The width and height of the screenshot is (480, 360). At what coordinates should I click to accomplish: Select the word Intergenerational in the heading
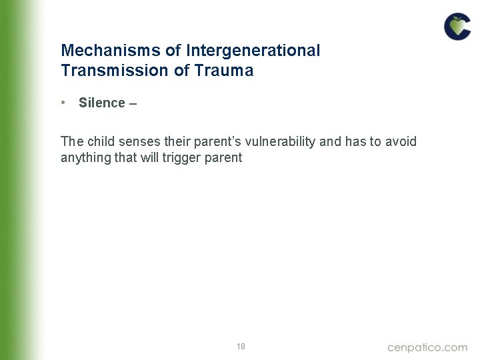[253, 51]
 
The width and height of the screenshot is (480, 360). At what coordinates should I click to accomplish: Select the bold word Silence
[102, 103]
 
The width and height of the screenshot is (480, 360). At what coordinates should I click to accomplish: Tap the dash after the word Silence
[133, 103]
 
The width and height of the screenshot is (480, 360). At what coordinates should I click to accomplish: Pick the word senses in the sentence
[139, 141]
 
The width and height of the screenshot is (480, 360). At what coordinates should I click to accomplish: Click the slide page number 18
[241, 347]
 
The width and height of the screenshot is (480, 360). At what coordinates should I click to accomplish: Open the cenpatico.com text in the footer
[427, 347]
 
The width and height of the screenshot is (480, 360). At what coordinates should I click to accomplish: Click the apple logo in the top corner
[457, 27]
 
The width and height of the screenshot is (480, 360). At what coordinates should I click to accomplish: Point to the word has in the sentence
[355, 141]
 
